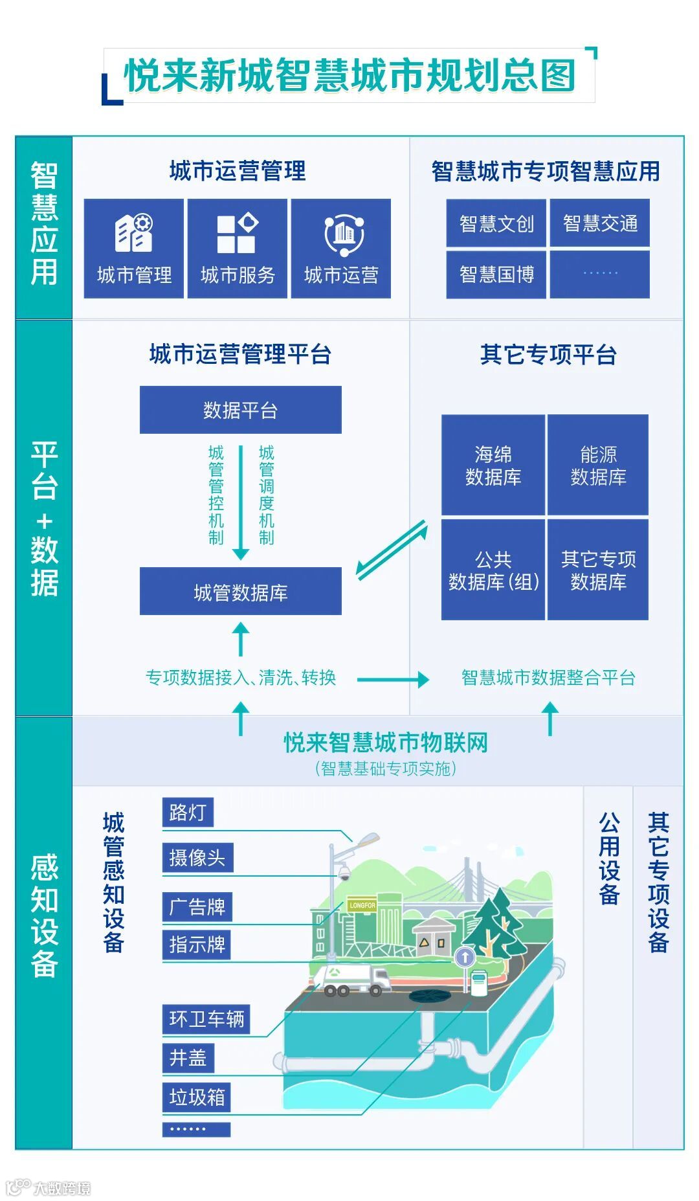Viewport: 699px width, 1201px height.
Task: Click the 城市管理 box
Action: point(134,249)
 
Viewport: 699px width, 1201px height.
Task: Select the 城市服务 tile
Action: point(238,249)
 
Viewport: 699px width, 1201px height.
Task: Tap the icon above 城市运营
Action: point(344,234)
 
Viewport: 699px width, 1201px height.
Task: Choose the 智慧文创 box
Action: point(496,223)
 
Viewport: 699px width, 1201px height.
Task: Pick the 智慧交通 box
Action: point(600,223)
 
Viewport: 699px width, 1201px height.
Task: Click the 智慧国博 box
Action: point(496,275)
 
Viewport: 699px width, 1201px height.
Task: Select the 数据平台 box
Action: point(240,410)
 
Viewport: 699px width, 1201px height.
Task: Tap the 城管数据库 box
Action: point(240,592)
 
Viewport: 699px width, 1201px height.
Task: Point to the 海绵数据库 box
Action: point(493,465)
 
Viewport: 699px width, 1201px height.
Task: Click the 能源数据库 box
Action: point(598,465)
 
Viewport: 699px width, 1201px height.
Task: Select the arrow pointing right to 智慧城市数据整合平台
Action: point(392,679)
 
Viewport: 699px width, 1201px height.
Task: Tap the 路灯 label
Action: point(187,813)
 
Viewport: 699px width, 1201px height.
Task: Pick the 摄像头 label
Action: point(197,858)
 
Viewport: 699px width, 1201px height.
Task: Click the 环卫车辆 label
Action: point(206,1019)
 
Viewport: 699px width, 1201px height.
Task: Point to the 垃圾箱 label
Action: point(197,1097)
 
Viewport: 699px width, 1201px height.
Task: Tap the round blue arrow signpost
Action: point(465,956)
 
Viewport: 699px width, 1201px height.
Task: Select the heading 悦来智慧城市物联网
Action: point(386,743)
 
